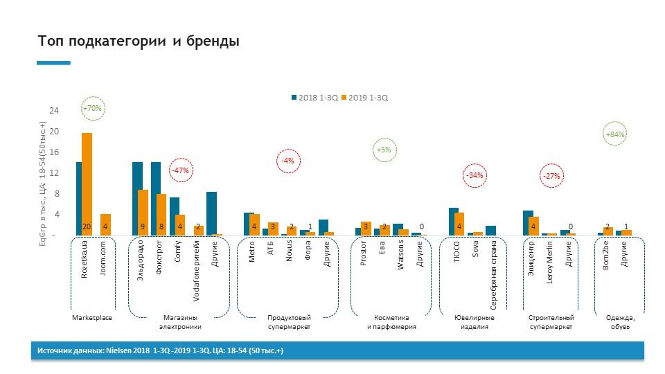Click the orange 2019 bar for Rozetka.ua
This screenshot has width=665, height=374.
pos(87,184)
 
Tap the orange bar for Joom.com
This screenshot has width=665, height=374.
pos(105,224)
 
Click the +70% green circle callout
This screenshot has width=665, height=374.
pos(92,109)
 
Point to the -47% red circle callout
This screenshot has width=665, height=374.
pos(181,170)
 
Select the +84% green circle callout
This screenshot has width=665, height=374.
pos(615,134)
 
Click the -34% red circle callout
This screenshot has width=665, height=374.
pos(475,175)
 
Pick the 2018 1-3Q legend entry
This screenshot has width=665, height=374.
pos(316,98)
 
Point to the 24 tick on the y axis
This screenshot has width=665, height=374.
pos(53,110)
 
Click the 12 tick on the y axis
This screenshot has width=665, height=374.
pos(53,172)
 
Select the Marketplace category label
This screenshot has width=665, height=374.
pos(92,318)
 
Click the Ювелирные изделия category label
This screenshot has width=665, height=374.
pos(475,322)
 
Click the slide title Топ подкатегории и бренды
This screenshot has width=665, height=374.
pos(139,42)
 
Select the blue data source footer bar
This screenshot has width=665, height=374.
pos(339,351)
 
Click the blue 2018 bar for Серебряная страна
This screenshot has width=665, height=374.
pos(490,231)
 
